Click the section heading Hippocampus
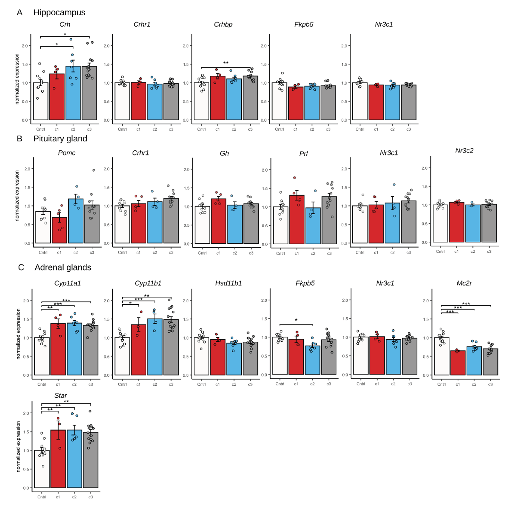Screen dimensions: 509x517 (59, 13)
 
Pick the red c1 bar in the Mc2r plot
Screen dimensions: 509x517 (458, 364)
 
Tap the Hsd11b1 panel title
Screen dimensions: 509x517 (228, 283)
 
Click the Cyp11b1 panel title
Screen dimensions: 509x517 (148, 283)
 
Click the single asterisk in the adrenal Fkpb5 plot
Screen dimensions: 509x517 (296, 320)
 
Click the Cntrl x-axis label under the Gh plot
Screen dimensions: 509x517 (202, 253)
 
